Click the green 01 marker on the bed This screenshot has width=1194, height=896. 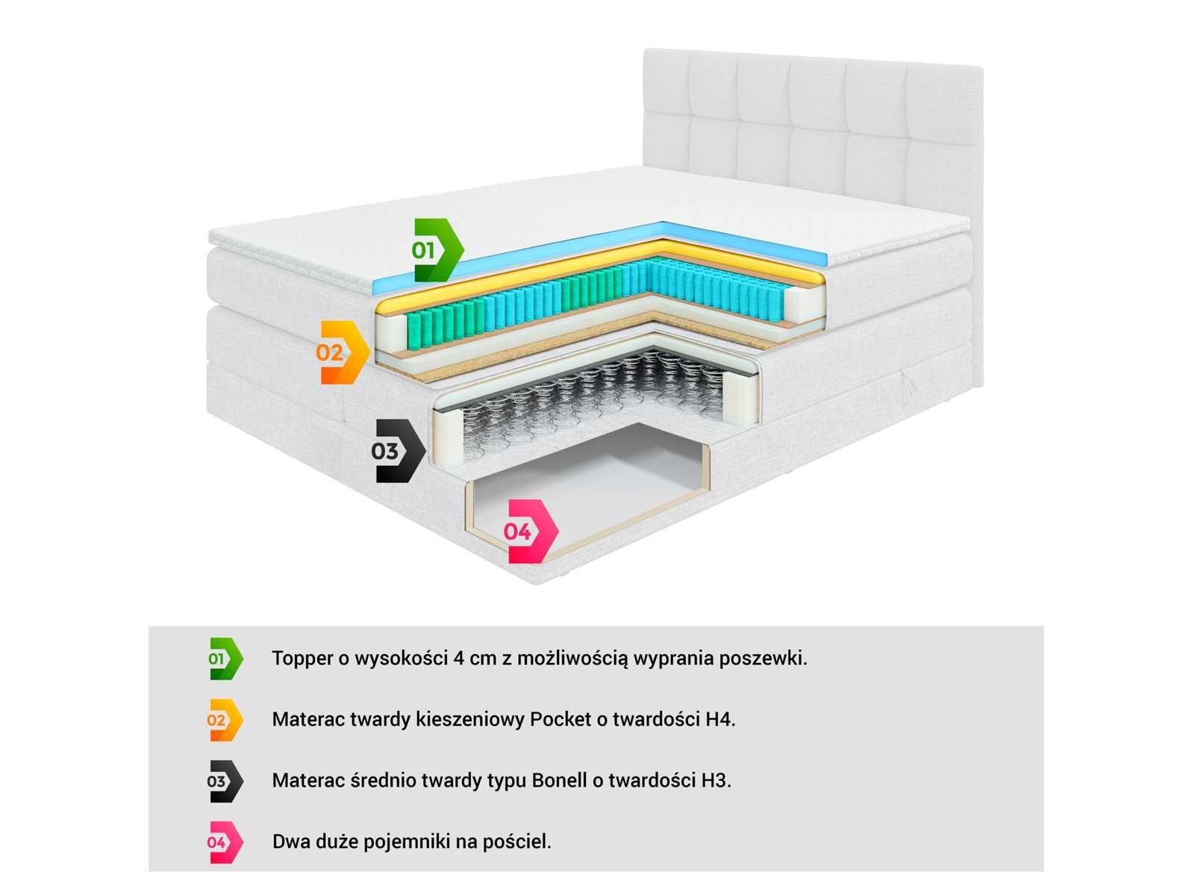click(x=438, y=250)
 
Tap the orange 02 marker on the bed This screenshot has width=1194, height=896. click(x=343, y=352)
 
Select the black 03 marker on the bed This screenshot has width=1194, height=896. click(x=398, y=451)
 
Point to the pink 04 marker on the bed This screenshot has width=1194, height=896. click(x=531, y=532)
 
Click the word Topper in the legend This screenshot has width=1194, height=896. click(x=302, y=659)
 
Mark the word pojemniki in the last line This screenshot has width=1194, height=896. click(x=407, y=842)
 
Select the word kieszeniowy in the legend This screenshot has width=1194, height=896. click(x=470, y=719)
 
